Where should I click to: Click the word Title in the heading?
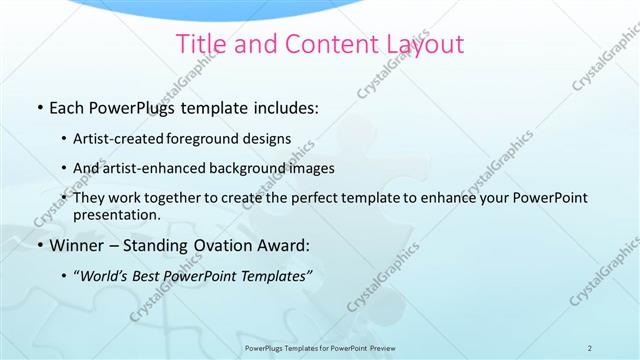click(198, 45)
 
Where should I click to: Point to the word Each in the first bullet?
click(67, 106)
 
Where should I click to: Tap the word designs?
click(270, 138)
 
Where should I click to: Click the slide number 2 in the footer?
click(590, 347)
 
